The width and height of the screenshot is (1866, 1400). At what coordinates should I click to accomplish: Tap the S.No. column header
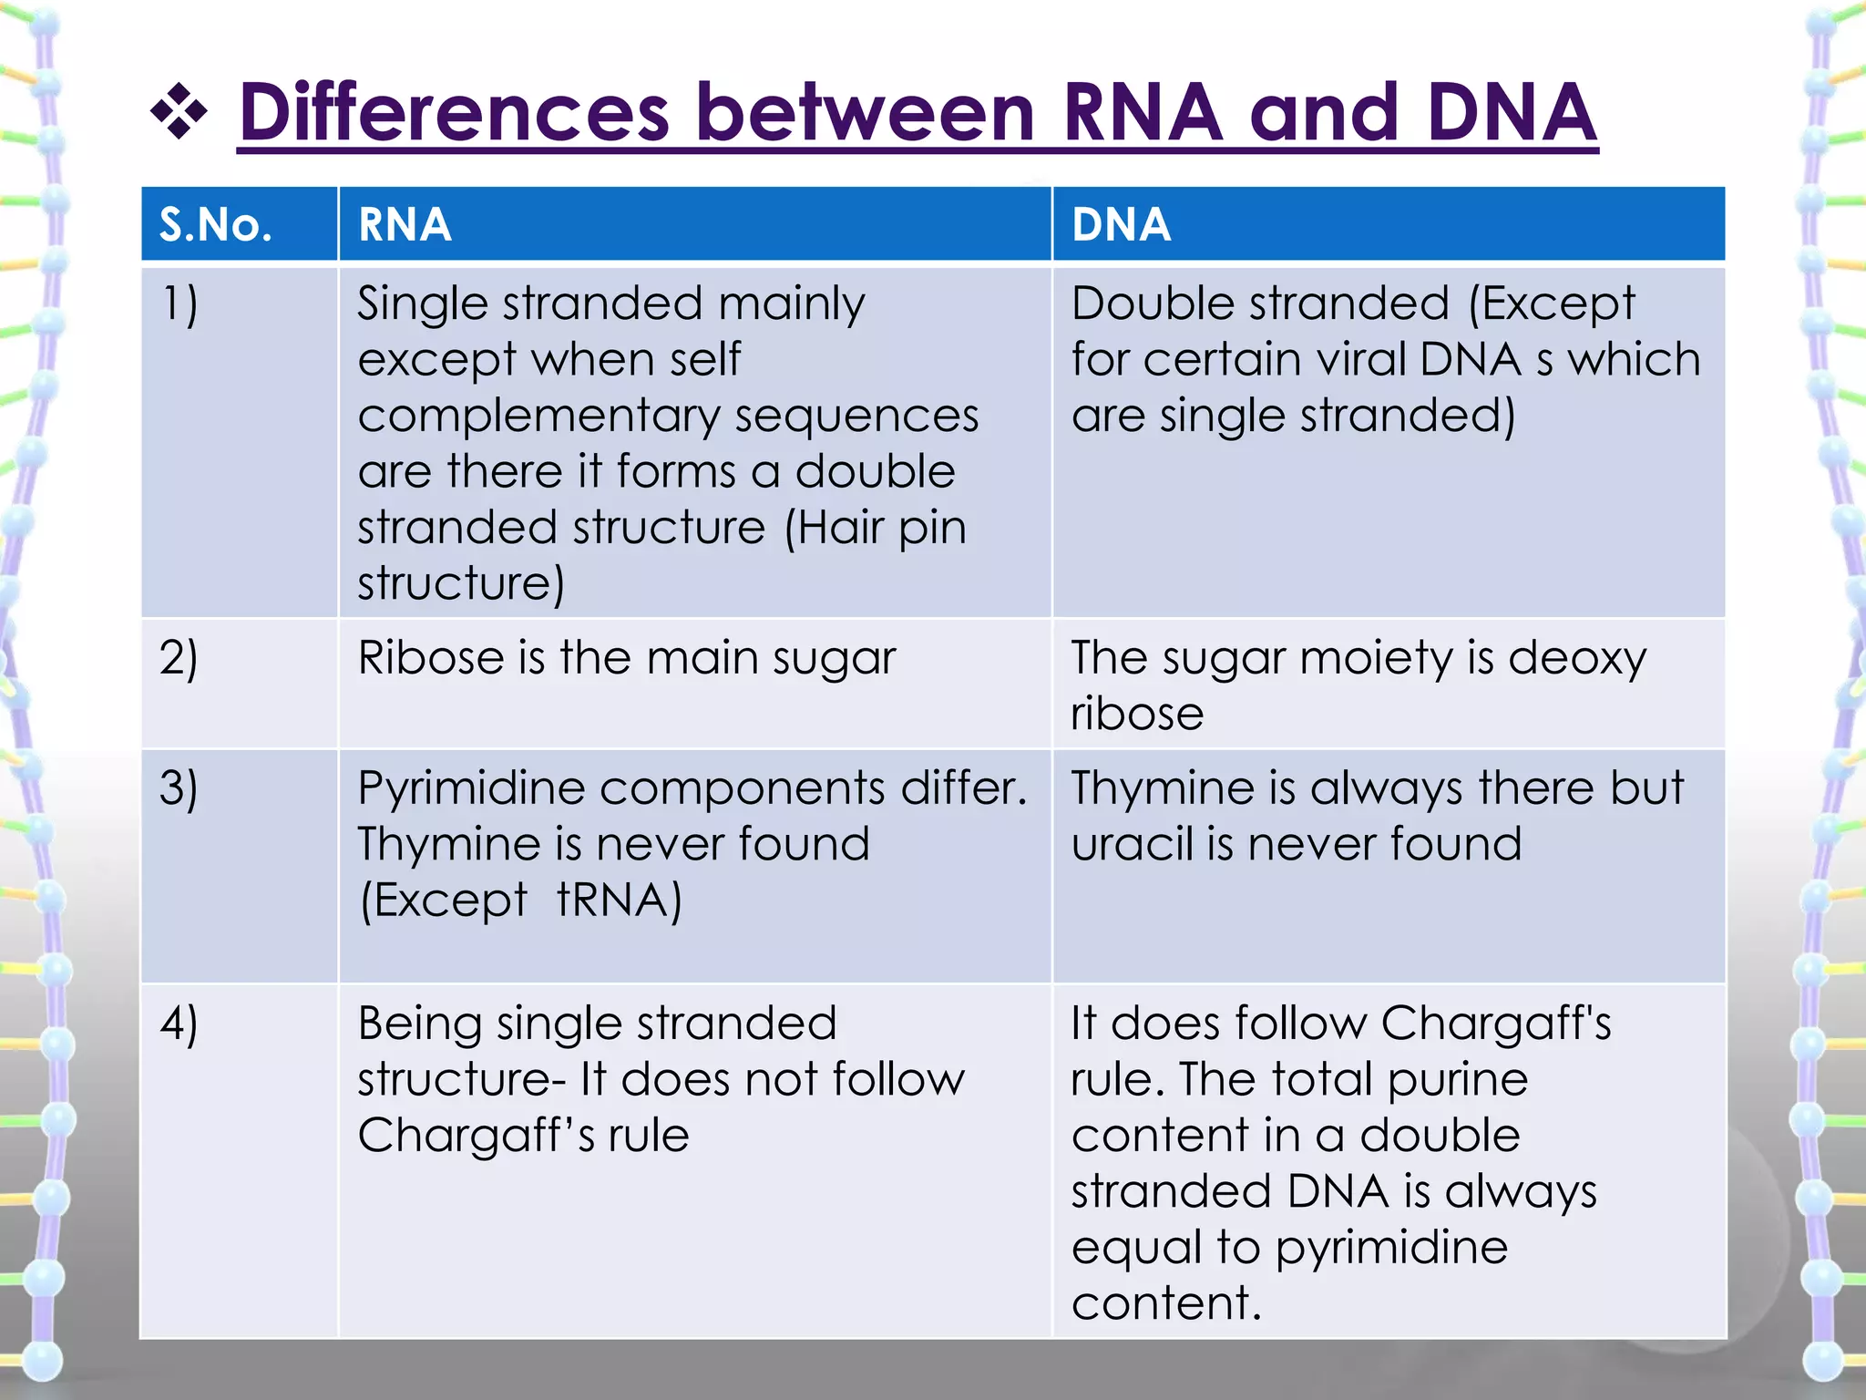216,224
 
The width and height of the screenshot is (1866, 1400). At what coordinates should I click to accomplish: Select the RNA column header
405,224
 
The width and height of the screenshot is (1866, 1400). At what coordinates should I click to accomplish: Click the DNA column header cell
1121,224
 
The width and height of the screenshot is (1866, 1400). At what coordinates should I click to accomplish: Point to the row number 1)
179,304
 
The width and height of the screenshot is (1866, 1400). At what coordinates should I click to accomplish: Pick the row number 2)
179,657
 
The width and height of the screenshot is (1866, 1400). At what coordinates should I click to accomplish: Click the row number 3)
179,787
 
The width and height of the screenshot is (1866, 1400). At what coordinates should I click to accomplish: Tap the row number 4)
179,1024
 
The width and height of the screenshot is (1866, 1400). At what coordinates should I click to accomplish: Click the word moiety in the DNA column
1376,659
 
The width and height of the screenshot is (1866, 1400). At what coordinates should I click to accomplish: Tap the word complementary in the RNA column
538,417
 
